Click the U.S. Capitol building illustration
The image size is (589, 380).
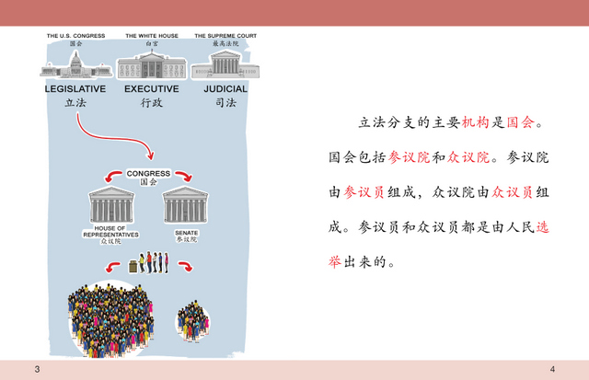pos(76,65)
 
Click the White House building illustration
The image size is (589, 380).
pos(152,65)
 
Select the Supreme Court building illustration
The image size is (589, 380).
pos(225,65)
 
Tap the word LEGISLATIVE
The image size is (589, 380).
pos(75,89)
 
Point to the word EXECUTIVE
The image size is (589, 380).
pos(152,89)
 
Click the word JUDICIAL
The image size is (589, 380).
pos(225,89)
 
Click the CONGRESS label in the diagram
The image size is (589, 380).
pos(148,174)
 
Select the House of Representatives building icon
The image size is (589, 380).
pos(111,205)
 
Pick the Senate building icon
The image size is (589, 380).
pos(186,205)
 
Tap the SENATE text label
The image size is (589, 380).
pos(186,233)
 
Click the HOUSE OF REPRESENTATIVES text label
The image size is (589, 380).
pos(110,231)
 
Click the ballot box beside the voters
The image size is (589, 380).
pos(133,266)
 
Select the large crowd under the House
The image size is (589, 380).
pos(110,320)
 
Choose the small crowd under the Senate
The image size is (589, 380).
pos(193,321)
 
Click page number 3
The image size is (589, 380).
pos(37,369)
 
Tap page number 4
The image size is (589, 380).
pos(552,369)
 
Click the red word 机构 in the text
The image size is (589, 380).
pos(475,122)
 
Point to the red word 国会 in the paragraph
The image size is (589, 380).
pos(520,122)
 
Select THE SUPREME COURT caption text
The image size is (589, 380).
pos(225,36)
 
